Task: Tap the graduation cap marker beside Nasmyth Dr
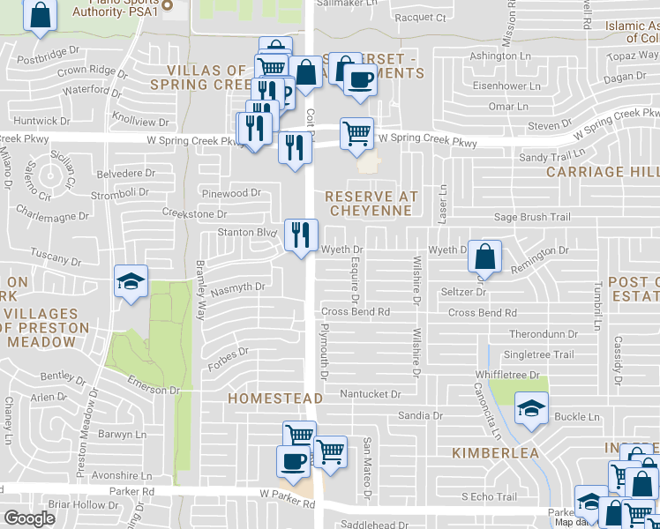[x=131, y=283]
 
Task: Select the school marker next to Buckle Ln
[x=531, y=409]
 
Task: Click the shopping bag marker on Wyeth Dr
[x=484, y=257]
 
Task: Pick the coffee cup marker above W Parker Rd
[x=294, y=461]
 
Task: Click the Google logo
[x=29, y=518]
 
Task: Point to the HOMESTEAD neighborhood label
[x=275, y=399]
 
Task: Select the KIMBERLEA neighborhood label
[x=495, y=452]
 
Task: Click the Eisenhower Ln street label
[x=506, y=86]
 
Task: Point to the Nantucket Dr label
[x=371, y=394]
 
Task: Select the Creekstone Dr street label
[x=194, y=213]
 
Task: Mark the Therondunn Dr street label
[x=543, y=335]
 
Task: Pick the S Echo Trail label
[x=490, y=497]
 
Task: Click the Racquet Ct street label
[x=420, y=17]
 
